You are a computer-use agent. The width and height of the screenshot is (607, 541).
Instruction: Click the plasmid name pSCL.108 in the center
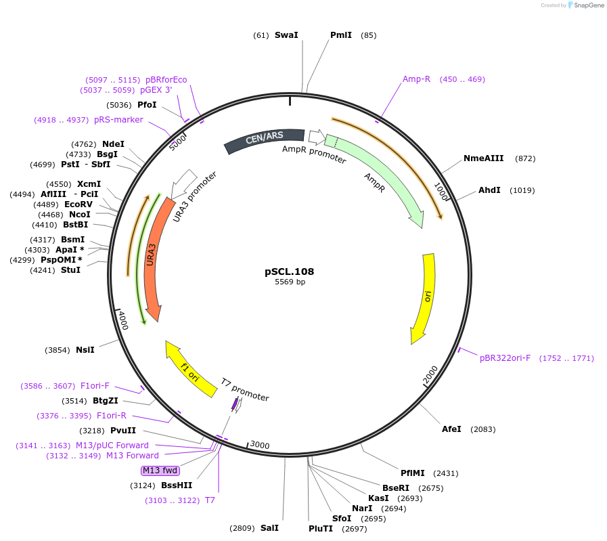(289, 272)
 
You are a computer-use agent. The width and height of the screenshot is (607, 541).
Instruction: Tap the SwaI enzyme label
(286, 35)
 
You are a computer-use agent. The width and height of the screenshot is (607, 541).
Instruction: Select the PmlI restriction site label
(341, 35)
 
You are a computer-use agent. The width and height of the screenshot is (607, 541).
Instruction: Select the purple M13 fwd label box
(160, 471)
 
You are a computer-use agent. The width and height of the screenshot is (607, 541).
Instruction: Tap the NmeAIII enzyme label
(483, 158)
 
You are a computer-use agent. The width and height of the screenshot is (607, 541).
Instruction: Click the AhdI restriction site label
(489, 190)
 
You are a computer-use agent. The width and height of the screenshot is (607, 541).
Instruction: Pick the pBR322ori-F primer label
(505, 358)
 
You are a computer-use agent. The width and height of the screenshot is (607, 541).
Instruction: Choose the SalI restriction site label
(269, 528)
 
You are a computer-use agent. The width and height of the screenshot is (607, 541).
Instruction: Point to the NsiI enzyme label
(85, 350)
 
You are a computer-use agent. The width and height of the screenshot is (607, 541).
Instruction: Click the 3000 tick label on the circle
(260, 445)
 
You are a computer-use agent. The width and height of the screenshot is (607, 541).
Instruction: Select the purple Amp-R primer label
(416, 79)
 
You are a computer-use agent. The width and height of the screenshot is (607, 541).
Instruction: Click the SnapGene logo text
(587, 5)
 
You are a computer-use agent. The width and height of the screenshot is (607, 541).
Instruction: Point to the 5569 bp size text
(290, 282)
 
